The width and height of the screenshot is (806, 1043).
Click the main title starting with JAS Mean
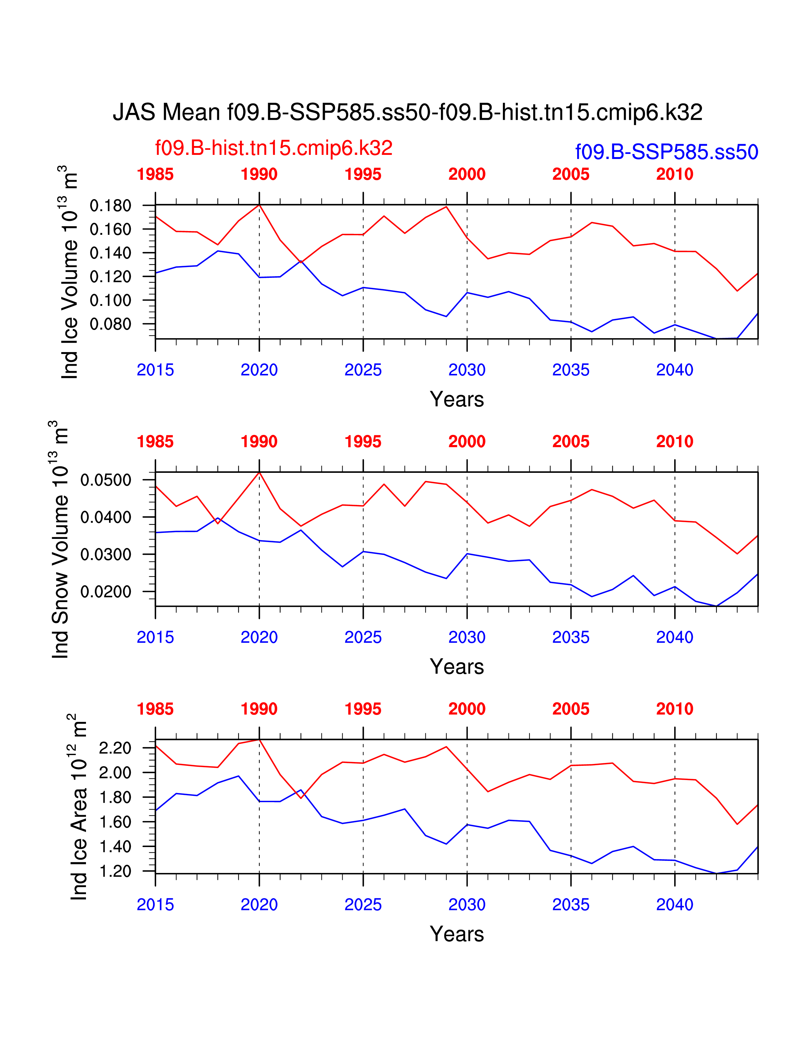(x=407, y=112)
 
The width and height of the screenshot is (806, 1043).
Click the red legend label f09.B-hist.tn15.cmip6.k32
(x=274, y=148)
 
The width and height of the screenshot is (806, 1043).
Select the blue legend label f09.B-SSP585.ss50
(x=667, y=152)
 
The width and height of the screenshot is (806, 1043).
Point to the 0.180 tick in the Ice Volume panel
(x=110, y=206)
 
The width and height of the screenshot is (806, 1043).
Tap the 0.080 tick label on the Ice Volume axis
(x=110, y=324)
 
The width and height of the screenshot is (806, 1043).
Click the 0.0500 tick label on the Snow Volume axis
(x=106, y=480)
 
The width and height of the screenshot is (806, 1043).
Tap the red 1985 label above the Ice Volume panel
(x=155, y=174)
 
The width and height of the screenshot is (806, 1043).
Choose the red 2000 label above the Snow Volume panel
(x=467, y=442)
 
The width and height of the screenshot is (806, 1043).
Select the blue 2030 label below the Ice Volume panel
(x=467, y=370)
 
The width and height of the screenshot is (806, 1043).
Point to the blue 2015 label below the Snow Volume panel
(x=155, y=637)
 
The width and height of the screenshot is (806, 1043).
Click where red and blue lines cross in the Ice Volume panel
(x=301, y=262)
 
